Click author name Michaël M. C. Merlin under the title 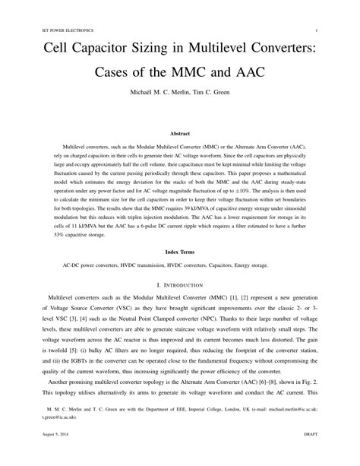(x=156, y=102)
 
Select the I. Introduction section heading (x=179, y=284)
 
